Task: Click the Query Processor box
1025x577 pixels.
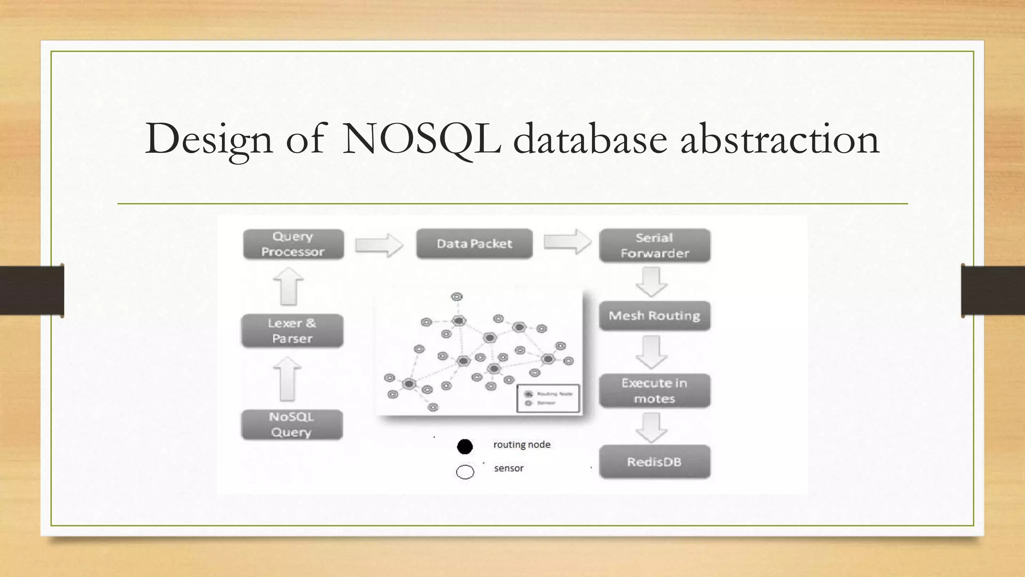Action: (x=293, y=244)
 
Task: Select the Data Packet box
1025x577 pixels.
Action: (x=474, y=244)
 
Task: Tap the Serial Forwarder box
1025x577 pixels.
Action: (x=655, y=245)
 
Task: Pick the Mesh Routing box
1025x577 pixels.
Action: (x=655, y=316)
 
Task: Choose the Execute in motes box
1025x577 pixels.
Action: (x=655, y=391)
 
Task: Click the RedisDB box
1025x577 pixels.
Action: (x=655, y=462)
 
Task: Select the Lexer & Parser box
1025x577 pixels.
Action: (x=292, y=331)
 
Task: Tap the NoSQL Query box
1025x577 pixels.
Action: (x=292, y=425)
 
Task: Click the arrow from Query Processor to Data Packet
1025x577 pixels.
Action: (x=379, y=245)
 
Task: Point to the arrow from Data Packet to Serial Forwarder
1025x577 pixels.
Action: (x=568, y=242)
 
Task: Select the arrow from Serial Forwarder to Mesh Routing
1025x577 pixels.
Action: (x=651, y=281)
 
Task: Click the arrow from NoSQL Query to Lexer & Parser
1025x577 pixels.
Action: (x=287, y=379)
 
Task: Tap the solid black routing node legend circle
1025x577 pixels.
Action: (x=465, y=446)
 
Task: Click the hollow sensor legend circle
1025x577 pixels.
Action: (x=465, y=472)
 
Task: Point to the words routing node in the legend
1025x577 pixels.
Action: (x=522, y=445)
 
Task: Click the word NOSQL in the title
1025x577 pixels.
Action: (x=421, y=139)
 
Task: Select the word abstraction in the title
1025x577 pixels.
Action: (x=779, y=139)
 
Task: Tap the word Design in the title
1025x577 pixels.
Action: (x=209, y=139)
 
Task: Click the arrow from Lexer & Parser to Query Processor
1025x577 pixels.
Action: (x=288, y=286)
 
